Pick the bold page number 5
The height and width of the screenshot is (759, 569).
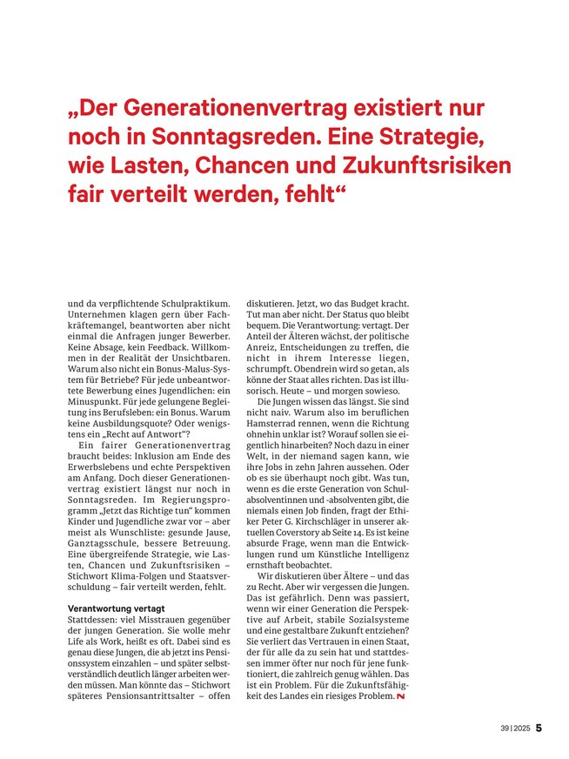coord(539,728)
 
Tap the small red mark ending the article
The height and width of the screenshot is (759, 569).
coord(400,697)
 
